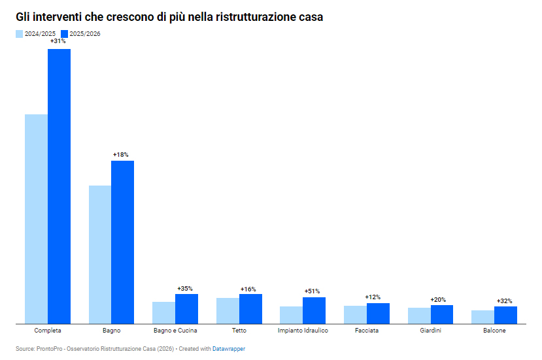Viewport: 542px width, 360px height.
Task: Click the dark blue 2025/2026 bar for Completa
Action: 59,186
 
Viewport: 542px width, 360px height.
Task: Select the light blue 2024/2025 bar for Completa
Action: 36,219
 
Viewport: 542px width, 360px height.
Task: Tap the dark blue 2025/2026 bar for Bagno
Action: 122,242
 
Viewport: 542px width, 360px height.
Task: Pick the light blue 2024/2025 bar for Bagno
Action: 99,254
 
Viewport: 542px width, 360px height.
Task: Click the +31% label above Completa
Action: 58,41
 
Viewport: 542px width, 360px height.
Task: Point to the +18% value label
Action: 121,154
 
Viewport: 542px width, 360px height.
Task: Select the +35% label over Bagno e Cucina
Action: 185,288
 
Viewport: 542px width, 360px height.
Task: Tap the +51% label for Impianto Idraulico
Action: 313,291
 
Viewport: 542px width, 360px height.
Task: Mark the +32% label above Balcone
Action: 505,301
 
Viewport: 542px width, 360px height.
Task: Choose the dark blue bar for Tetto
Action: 250,308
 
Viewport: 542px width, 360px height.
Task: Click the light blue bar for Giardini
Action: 419,316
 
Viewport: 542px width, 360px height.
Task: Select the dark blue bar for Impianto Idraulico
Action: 314,310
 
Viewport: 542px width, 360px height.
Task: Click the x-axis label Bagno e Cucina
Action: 175,331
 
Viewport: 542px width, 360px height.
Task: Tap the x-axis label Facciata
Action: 367,331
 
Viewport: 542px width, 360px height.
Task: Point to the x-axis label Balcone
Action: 494,331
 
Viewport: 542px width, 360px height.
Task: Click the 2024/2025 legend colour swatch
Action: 20,34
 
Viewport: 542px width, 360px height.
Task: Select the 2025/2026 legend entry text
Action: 85,34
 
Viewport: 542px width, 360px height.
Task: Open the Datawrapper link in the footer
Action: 229,349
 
